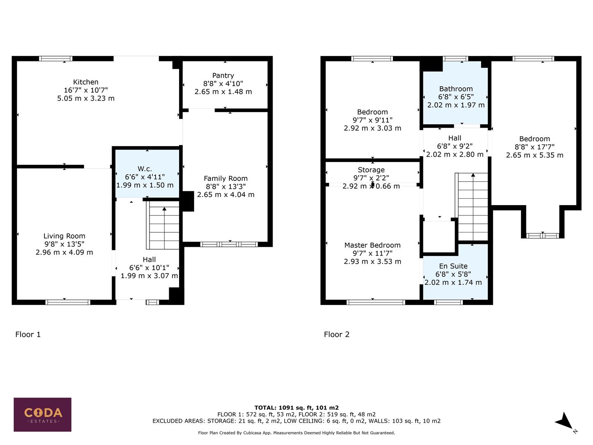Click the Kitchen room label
point(86,82)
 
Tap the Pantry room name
point(223,75)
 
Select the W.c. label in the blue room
point(145,169)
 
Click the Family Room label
point(226,178)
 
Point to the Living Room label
point(64,236)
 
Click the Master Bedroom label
point(372,245)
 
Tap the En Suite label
point(453,266)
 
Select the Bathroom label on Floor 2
point(456,89)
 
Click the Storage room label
point(371,170)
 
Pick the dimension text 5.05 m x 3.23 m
point(86,98)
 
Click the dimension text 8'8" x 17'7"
point(535,147)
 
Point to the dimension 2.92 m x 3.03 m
point(372,128)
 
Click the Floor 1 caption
point(28,334)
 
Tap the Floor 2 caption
point(336,334)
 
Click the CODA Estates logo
point(42,414)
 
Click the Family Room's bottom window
point(229,244)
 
